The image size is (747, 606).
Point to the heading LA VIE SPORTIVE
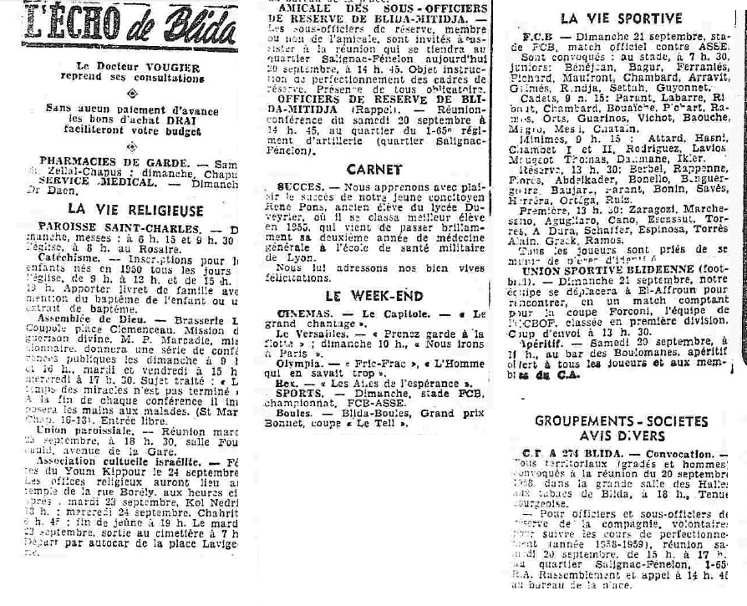(621, 18)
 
